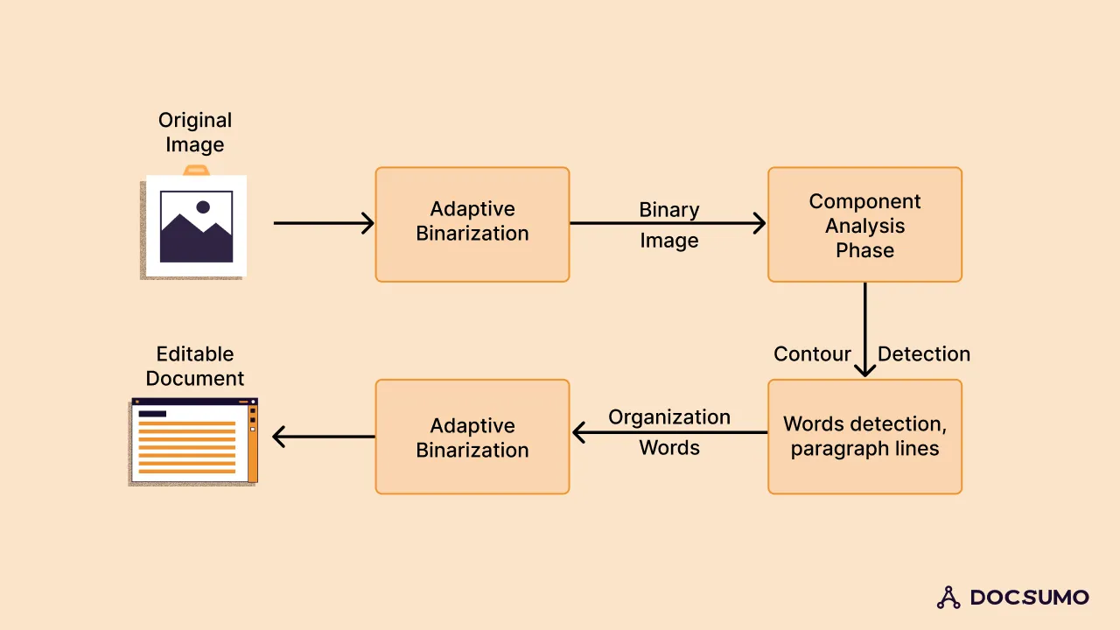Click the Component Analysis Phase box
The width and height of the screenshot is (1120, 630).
864,225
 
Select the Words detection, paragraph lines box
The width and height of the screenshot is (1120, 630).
864,437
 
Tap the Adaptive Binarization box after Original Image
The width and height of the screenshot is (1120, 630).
472,225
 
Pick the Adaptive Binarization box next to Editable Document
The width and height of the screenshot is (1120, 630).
472,437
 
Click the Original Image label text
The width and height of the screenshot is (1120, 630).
195,132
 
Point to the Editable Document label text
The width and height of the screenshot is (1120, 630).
195,366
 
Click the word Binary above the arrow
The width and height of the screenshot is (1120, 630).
669,210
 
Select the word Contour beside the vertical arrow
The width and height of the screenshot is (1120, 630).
812,354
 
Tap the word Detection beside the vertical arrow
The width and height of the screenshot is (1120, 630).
924,354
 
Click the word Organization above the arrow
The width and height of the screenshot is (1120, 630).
669,417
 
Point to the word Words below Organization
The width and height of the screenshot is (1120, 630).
669,448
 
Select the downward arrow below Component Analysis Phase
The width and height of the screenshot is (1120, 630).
864,328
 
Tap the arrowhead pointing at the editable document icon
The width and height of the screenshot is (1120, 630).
279,436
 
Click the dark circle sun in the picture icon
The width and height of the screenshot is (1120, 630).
203,207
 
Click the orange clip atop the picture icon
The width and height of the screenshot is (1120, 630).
196,169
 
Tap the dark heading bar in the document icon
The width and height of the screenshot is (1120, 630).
152,414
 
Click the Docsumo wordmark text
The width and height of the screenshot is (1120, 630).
1030,598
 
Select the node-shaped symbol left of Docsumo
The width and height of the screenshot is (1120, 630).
948,598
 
